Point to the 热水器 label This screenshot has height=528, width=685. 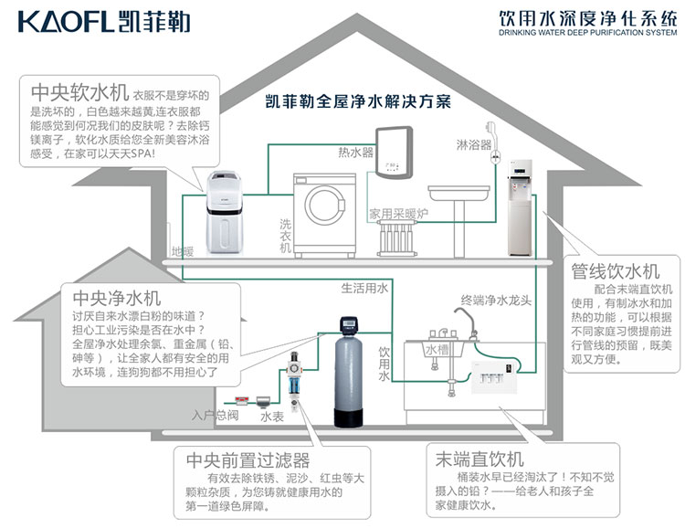355,151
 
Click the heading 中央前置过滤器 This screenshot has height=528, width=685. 247,460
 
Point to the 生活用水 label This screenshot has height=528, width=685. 364,288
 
